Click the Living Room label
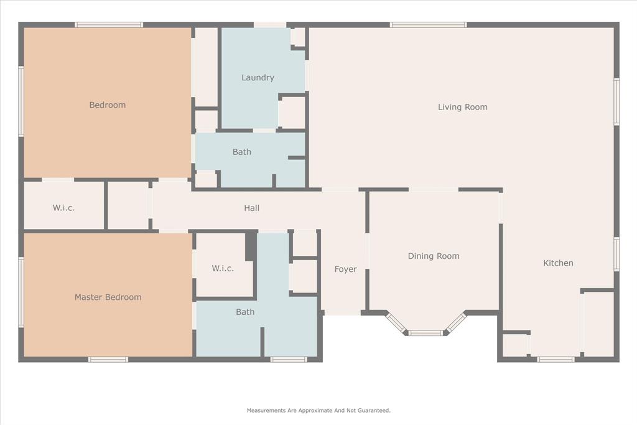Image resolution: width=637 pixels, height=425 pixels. [x=462, y=107]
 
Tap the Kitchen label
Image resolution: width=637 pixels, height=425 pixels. [x=558, y=263]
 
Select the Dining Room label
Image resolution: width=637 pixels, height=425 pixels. [x=434, y=256]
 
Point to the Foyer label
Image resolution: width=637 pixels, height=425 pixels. [x=345, y=269]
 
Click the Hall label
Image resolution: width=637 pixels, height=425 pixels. [x=251, y=208]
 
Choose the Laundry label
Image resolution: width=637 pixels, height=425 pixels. [x=258, y=78]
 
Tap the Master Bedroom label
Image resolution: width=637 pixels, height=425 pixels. [x=108, y=297]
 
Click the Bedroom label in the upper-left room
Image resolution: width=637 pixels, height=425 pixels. [x=107, y=105]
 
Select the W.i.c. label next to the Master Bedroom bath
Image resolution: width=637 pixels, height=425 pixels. [x=223, y=269]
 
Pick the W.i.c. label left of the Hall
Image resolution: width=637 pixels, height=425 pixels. [x=63, y=208]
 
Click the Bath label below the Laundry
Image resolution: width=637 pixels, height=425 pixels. [x=242, y=152]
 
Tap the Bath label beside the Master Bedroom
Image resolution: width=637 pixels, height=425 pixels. [x=245, y=312]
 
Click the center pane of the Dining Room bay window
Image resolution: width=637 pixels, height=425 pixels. [x=426, y=333]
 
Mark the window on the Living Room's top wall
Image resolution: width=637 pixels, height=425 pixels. [x=428, y=25]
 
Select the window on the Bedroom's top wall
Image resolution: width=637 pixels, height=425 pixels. [x=109, y=25]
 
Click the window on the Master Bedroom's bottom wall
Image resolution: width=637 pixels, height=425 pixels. [x=108, y=359]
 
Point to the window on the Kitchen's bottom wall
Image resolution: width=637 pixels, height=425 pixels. [x=556, y=359]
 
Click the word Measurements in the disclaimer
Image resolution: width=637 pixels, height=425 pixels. [x=267, y=411]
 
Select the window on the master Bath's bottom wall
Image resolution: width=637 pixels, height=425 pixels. [x=289, y=359]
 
